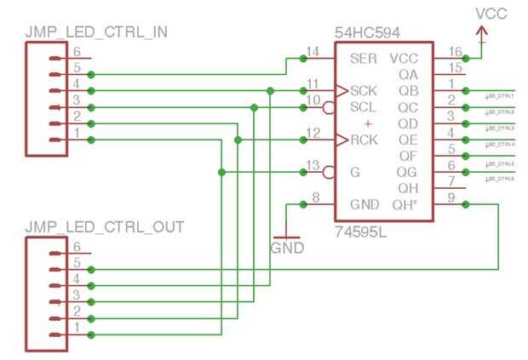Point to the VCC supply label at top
(493, 14)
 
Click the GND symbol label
(286, 249)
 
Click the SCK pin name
(364, 90)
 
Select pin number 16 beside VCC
(453, 53)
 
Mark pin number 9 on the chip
(451, 198)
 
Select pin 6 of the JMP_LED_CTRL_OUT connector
(76, 247)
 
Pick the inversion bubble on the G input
(327, 173)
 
